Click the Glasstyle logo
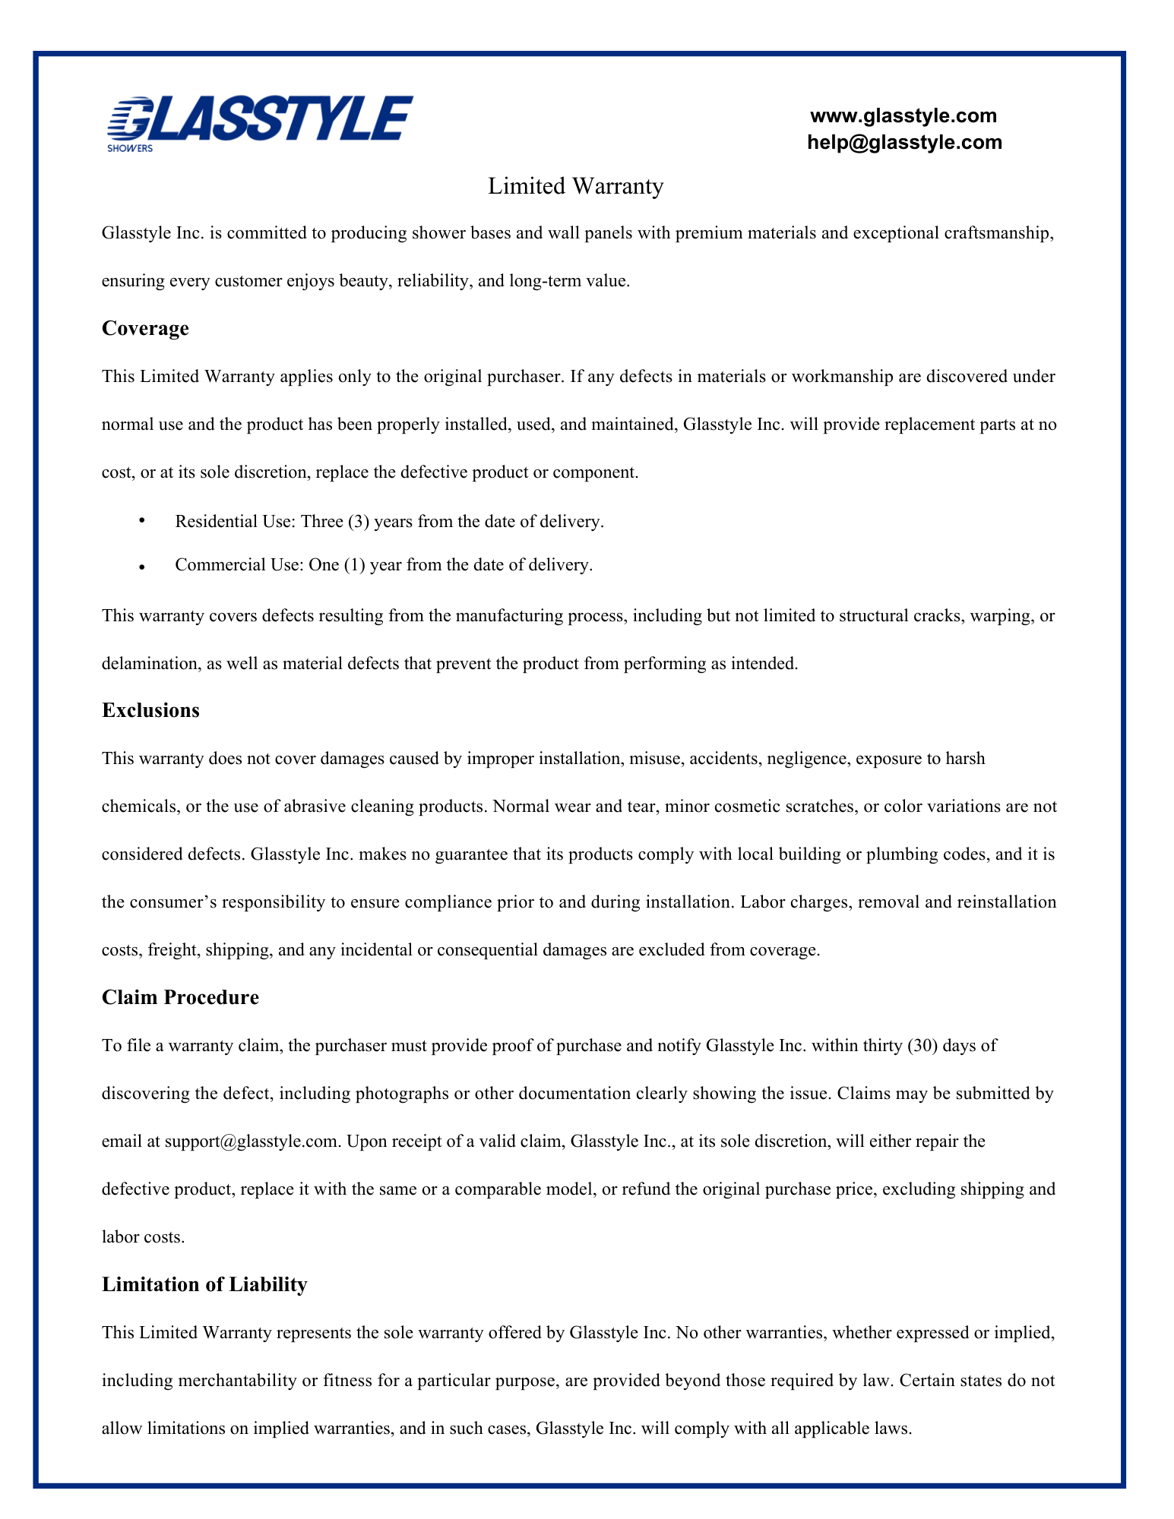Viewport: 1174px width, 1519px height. point(260,122)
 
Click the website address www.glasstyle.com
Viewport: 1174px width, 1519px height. point(903,116)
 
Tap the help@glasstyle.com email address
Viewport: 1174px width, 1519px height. point(904,143)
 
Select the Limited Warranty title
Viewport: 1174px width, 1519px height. point(575,186)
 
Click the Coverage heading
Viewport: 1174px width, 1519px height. point(145,329)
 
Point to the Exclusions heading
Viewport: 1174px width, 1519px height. point(150,711)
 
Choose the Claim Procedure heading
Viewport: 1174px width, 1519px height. point(180,998)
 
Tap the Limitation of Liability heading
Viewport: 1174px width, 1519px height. point(204,1285)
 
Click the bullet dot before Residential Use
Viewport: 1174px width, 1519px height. point(141,521)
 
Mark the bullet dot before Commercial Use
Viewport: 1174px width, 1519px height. point(141,567)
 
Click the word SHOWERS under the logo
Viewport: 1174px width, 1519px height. point(130,149)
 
